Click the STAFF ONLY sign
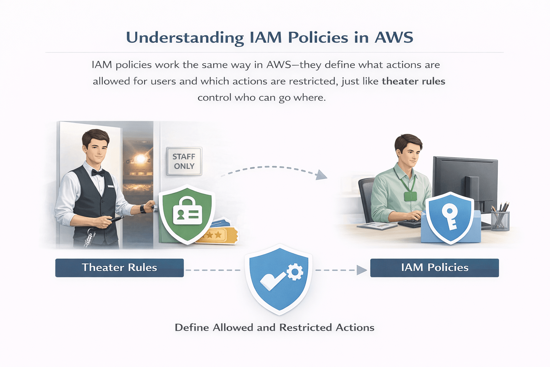184,161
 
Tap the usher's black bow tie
98,173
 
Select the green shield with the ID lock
187,214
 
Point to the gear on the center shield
295,272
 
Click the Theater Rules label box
119,268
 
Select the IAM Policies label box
434,268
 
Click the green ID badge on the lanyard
410,196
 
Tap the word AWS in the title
394,38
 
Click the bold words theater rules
413,81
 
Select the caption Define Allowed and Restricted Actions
275,328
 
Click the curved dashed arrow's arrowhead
322,175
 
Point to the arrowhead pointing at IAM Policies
362,270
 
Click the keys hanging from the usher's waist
89,238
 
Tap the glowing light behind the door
140,158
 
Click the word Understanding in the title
185,38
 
